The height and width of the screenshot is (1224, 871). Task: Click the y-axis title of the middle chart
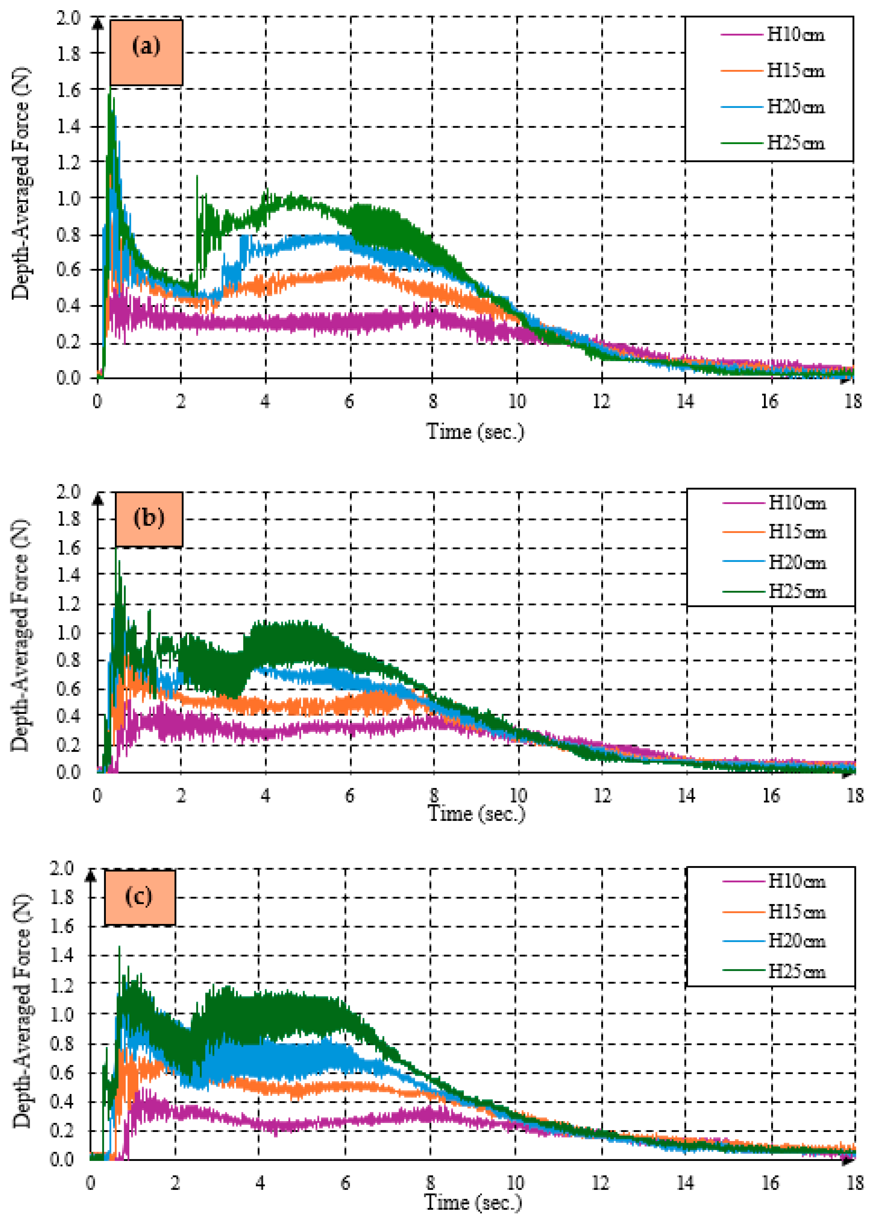tap(20, 636)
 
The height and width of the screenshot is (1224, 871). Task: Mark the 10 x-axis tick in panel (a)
tap(517, 401)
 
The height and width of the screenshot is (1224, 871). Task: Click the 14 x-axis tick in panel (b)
tap(686, 795)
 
